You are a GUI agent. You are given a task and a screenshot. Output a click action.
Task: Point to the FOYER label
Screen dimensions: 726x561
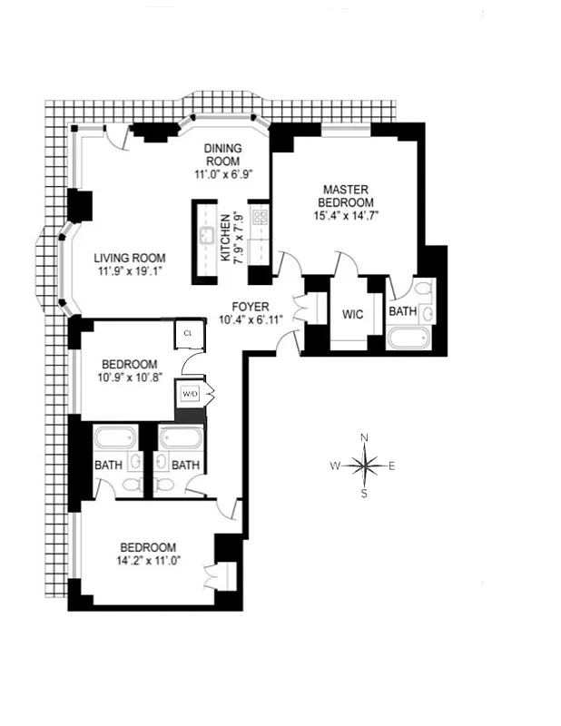pos(250,306)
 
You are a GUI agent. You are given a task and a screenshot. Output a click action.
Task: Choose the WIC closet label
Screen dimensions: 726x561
pos(353,316)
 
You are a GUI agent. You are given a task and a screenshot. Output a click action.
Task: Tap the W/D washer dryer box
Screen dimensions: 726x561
pos(190,394)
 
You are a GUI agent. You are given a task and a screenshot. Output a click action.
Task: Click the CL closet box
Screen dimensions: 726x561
pos(188,332)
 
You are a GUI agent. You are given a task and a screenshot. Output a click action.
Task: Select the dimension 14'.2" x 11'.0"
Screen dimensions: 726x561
pos(148,562)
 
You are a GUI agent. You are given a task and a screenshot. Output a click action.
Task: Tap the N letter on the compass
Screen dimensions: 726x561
pos(364,439)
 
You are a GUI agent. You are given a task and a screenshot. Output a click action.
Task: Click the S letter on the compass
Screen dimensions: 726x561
pos(364,494)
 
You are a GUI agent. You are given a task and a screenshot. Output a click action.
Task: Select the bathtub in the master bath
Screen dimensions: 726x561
pos(410,338)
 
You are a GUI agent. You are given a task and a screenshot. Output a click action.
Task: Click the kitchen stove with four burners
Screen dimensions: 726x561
pos(259,217)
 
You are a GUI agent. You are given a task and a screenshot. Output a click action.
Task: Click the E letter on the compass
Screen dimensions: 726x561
pos(391,466)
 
